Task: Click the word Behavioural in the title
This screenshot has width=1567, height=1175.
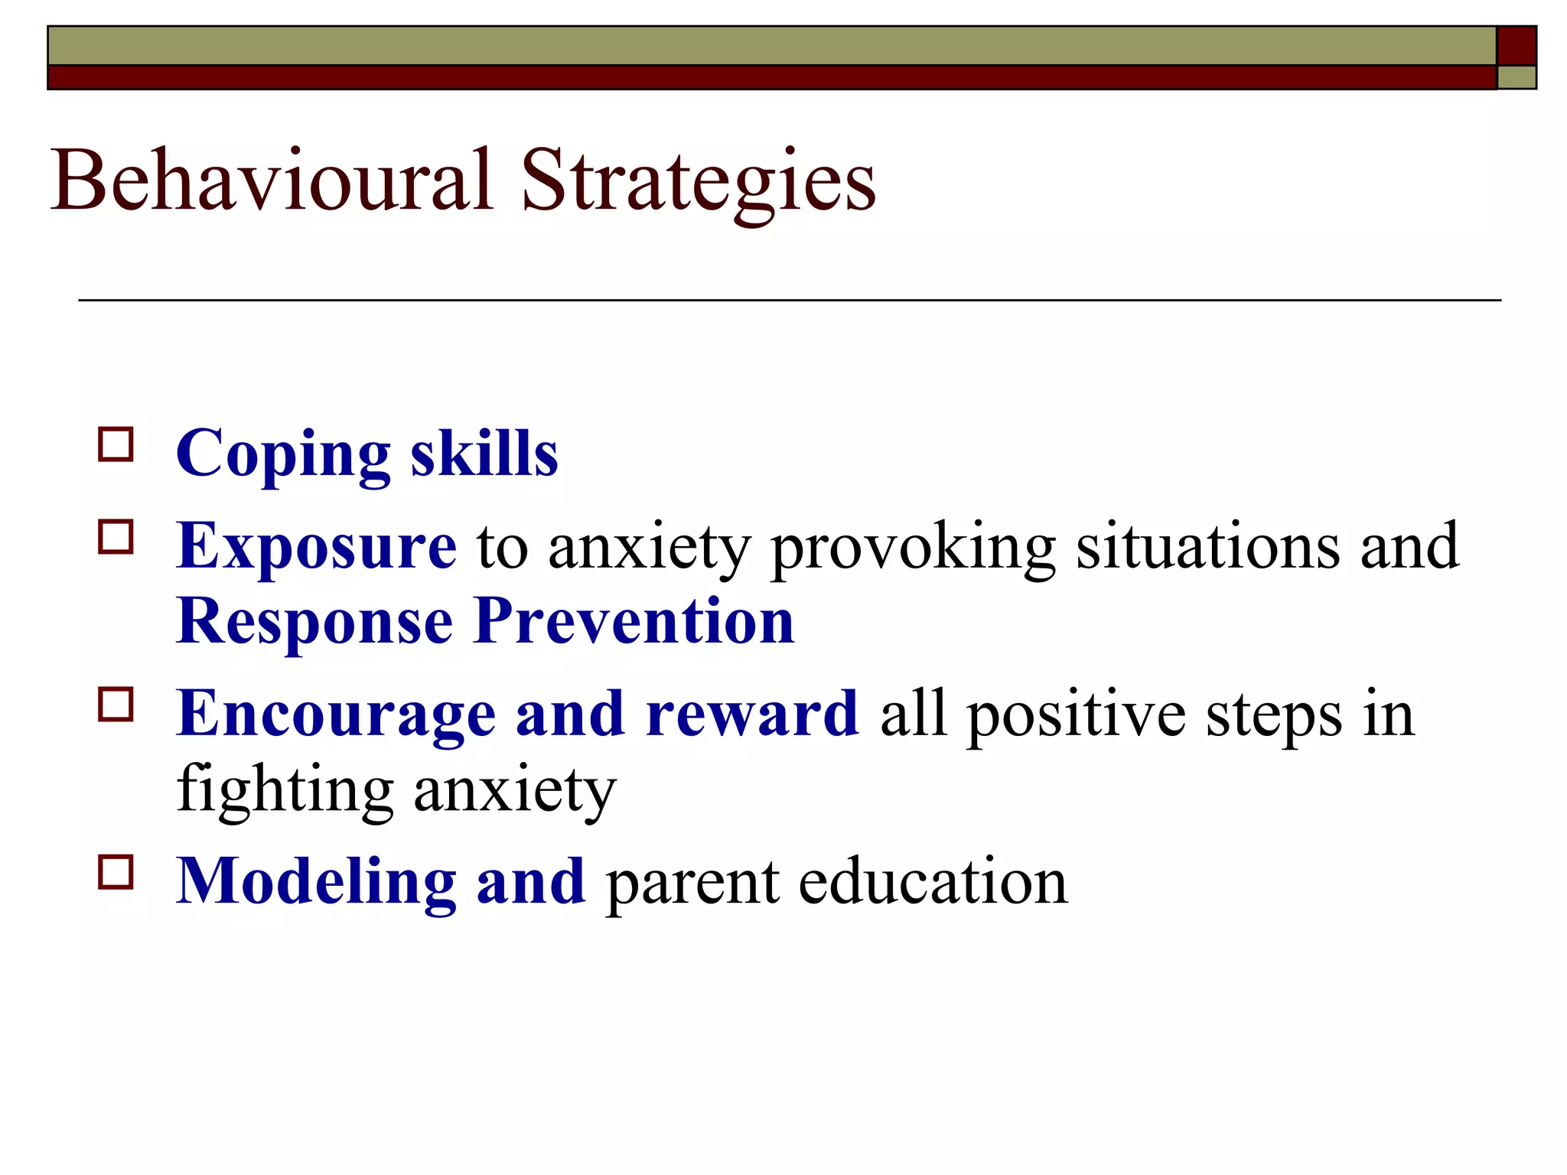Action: (272, 181)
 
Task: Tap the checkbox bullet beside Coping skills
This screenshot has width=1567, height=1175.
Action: (116, 444)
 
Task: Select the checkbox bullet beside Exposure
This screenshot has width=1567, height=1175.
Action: (116, 537)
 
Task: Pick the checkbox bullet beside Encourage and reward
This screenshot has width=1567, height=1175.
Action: (116, 705)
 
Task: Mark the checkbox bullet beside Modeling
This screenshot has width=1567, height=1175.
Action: (116, 872)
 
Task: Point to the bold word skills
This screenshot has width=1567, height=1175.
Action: (484, 454)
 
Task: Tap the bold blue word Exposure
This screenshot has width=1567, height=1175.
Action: (316, 546)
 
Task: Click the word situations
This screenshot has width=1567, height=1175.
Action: (1208, 546)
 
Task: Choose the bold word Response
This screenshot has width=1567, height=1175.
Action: (314, 623)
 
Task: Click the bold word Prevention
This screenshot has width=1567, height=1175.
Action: (634, 621)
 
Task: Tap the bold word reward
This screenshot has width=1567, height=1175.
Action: (752, 714)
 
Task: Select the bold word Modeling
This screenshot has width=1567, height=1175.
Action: (316, 883)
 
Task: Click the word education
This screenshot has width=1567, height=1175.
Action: (933, 881)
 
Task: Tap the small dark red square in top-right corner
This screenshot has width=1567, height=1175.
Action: (1516, 45)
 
